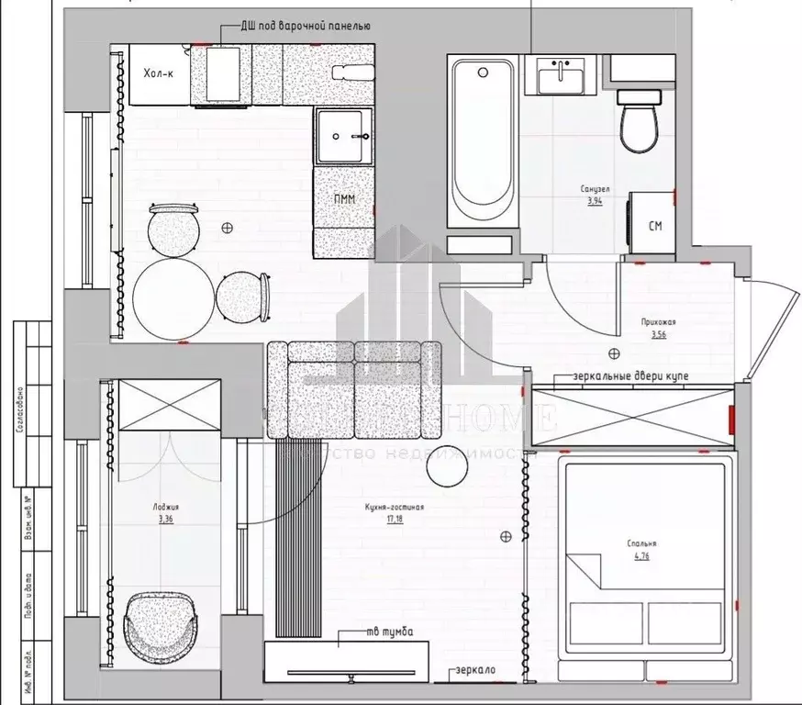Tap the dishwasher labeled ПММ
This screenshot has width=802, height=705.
(x=345, y=199)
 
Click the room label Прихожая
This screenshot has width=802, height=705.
(x=659, y=322)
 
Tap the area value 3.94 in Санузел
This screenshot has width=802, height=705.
(x=594, y=200)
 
